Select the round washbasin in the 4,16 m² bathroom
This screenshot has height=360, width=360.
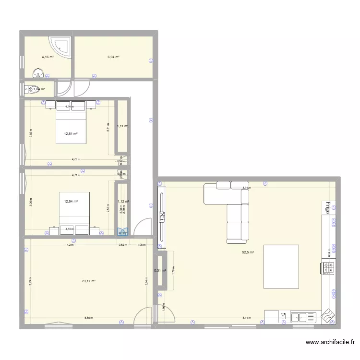click(38, 73)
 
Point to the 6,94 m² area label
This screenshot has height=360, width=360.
click(113, 57)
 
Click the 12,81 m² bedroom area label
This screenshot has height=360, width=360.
click(71, 134)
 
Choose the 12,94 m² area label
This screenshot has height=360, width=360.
click(71, 202)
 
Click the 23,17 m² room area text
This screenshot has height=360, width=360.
click(89, 281)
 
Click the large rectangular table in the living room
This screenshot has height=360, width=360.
click(281, 266)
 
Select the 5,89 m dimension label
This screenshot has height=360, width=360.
click(89, 318)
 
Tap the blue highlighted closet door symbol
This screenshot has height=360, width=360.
click(123, 232)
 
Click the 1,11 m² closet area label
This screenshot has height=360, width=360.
click(122, 126)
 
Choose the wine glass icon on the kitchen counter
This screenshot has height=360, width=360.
click(284, 316)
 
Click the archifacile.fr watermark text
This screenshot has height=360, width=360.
click(330, 342)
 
